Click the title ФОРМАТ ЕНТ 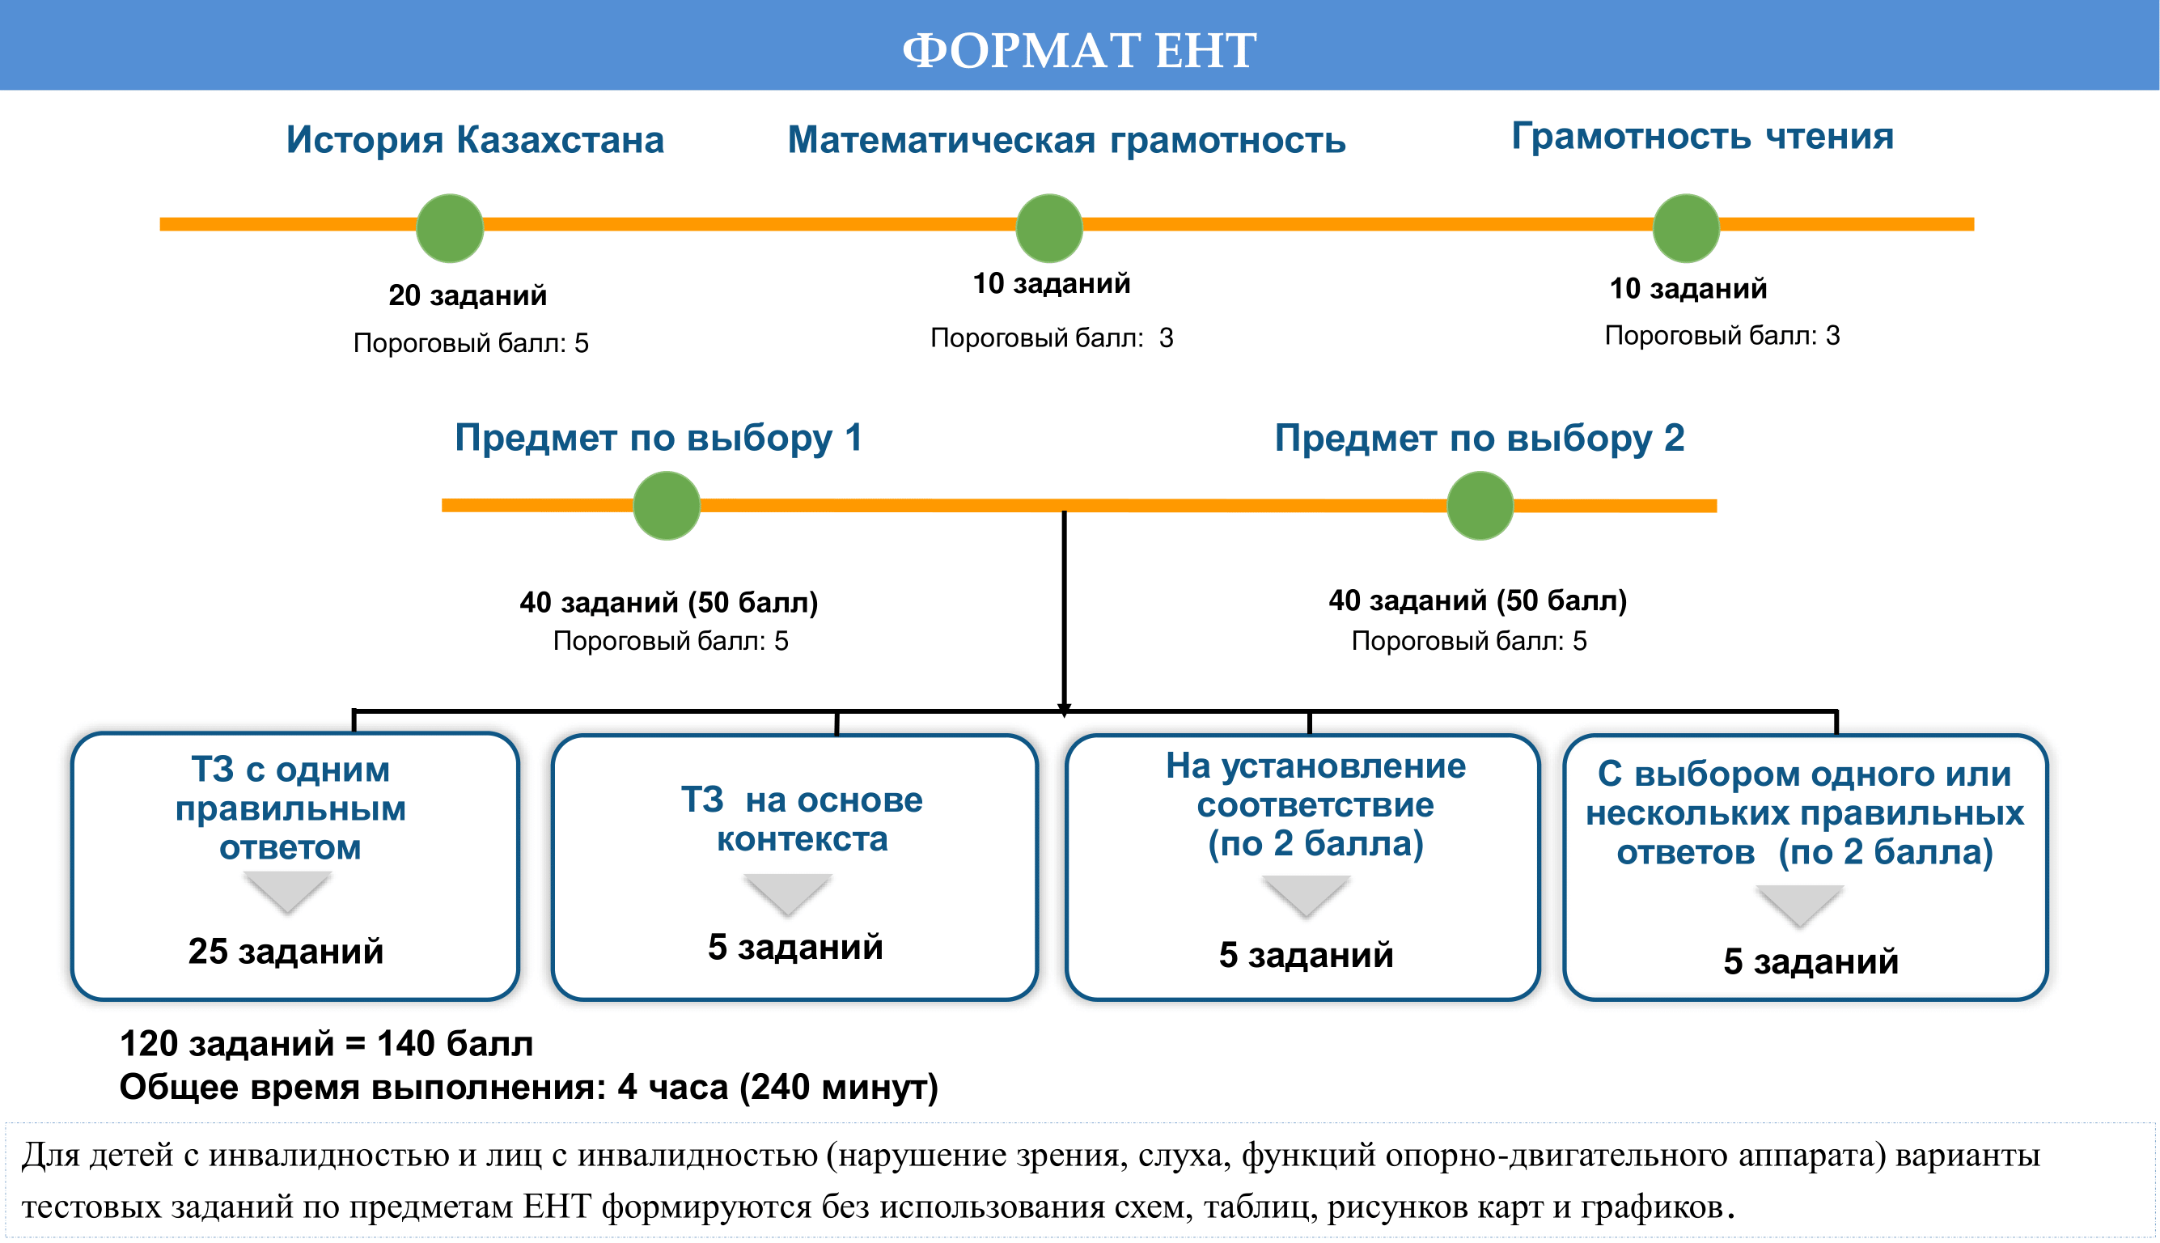point(1078,49)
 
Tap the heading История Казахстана point(475,139)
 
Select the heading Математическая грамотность point(1066,139)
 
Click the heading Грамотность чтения point(1702,136)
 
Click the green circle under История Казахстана point(450,228)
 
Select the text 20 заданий point(467,295)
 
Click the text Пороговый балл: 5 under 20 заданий point(470,343)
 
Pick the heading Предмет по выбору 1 point(658,437)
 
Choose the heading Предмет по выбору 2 point(1479,438)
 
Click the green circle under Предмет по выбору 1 point(667,506)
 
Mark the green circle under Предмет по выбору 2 point(1480,506)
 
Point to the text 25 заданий point(285,951)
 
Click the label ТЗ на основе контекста point(802,820)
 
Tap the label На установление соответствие point(1315,786)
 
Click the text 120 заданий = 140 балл point(326,1043)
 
